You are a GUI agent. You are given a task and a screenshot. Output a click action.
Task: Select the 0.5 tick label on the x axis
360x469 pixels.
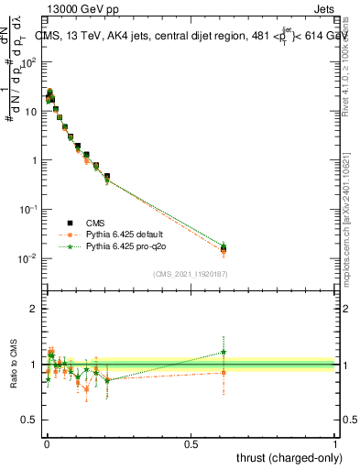pos(191,443)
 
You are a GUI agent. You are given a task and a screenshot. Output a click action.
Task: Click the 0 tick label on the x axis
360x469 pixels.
pos(46,443)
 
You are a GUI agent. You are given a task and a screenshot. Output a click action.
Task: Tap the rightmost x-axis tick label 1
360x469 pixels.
pos(335,443)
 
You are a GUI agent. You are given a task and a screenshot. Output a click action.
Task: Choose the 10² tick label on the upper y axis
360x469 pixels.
pos(27,62)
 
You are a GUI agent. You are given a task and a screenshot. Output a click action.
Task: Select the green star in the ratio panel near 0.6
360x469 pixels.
pos(224,352)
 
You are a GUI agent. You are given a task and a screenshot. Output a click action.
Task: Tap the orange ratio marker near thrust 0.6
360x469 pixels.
pos(224,372)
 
